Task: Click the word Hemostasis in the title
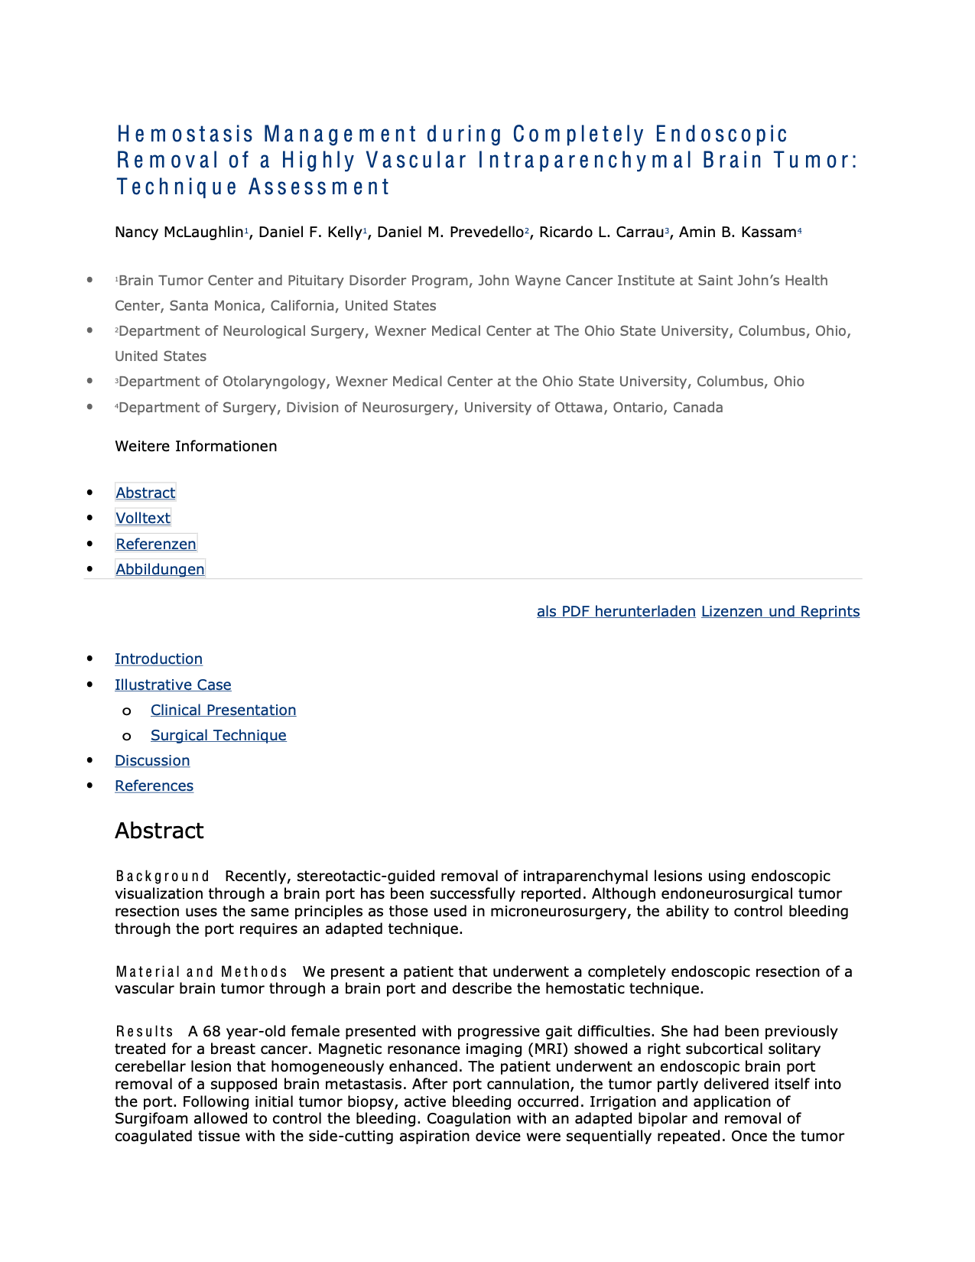185,135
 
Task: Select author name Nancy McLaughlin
179,233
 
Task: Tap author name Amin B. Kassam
737,233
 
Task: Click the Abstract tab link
145,493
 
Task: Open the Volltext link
143,519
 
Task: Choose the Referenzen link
156,545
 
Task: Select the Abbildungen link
160,570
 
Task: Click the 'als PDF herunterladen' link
616,612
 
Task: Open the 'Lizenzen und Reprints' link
780,612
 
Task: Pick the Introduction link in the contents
158,659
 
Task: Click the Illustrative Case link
173,685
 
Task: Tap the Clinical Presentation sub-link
223,711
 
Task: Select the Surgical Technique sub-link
218,736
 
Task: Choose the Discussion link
152,761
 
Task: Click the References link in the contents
154,786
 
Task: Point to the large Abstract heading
159,831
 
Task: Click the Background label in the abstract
162,877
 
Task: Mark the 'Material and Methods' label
201,972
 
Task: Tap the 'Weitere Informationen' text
196,447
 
